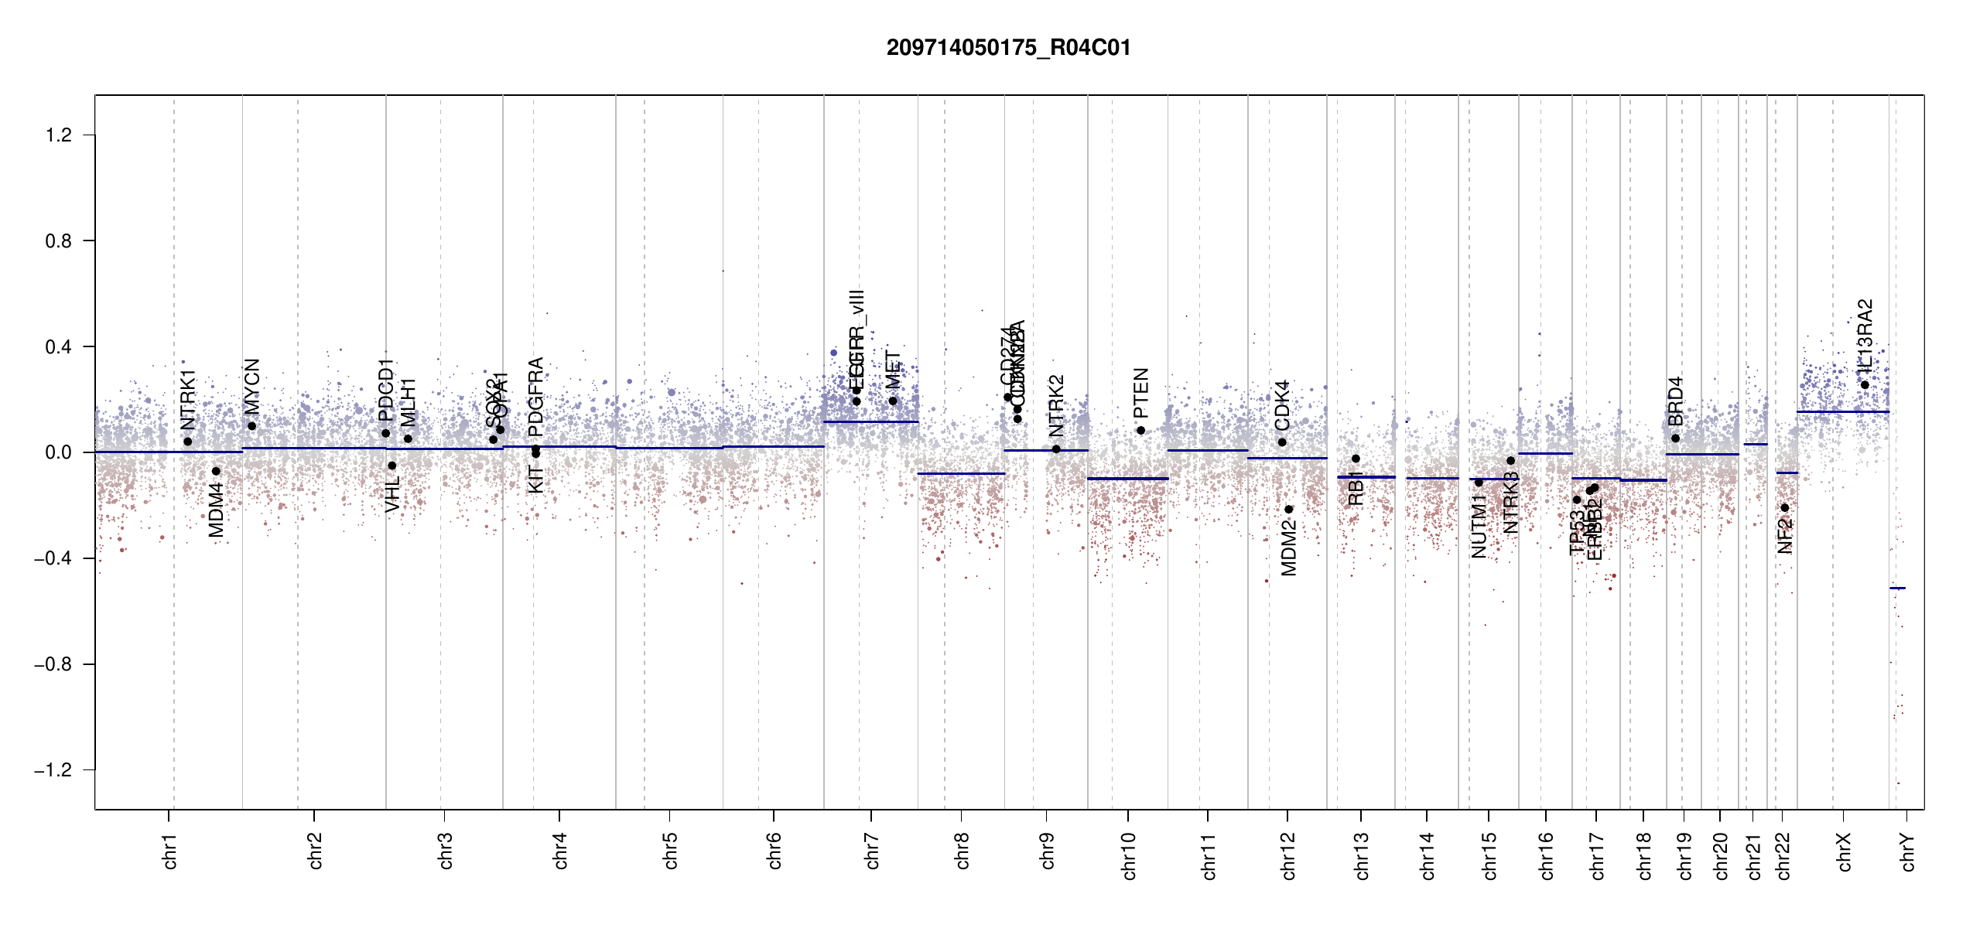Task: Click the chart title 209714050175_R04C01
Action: [x=1008, y=48]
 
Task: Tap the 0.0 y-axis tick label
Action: [x=58, y=452]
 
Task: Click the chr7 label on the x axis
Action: [x=872, y=851]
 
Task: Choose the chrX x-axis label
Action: [x=1844, y=851]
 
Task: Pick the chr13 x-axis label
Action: [x=1362, y=855]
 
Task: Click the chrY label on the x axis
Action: [x=1908, y=851]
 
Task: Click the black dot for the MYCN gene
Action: [x=251, y=426]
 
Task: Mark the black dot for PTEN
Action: [x=1140, y=430]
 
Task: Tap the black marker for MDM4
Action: [x=216, y=471]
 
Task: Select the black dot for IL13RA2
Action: [x=1865, y=385]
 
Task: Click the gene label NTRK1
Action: [x=188, y=400]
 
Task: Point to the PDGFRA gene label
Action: [x=535, y=397]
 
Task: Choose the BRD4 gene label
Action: [x=1675, y=401]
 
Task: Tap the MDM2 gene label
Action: [x=1288, y=548]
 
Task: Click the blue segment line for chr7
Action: [x=870, y=421]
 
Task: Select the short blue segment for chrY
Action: [x=1897, y=588]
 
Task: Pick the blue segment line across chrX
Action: [x=1842, y=411]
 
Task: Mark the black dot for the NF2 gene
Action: [x=1785, y=507]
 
